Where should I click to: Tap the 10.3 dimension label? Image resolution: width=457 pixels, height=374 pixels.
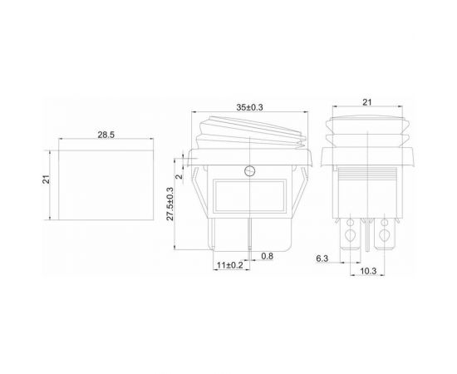tap(370, 272)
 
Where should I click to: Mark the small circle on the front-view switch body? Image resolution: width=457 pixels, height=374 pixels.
tap(249, 171)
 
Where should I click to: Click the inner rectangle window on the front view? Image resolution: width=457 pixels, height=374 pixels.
tap(249, 197)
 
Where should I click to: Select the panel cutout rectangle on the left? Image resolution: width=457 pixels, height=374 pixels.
tap(105, 185)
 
